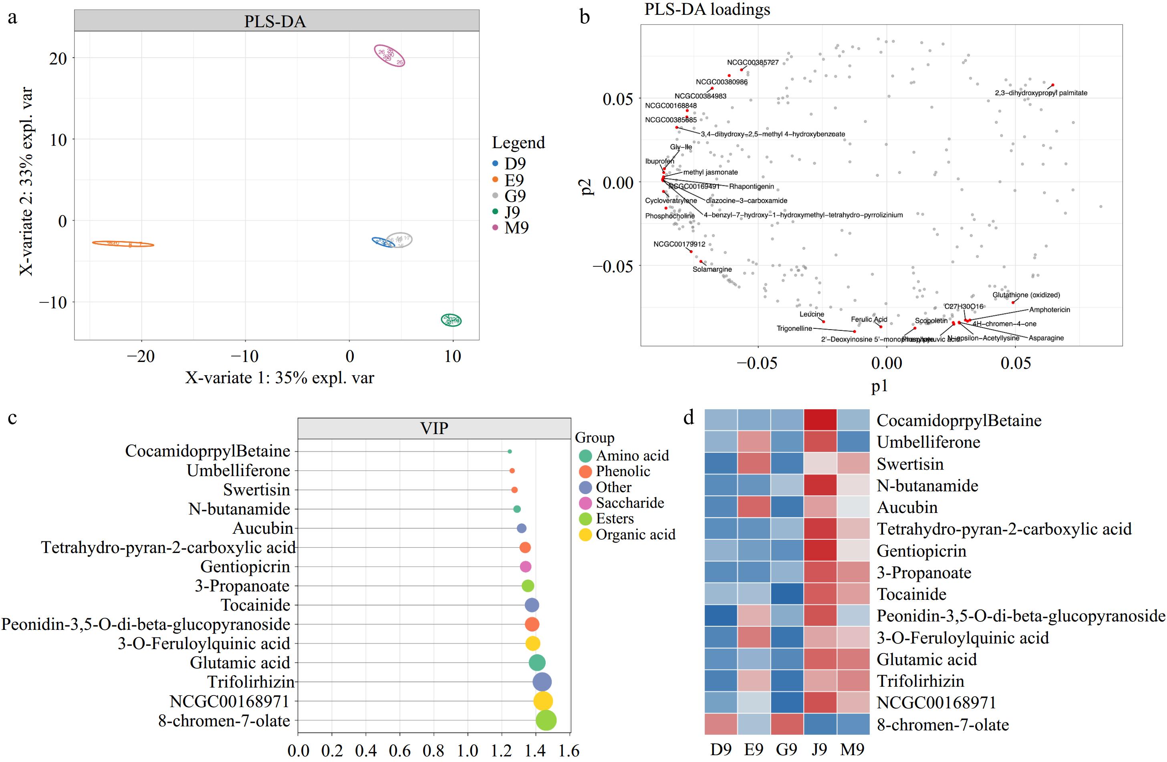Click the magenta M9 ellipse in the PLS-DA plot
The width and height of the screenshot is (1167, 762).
coord(389,55)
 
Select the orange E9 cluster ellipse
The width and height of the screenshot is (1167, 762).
coord(123,243)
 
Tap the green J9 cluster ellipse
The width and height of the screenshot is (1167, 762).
coord(451,320)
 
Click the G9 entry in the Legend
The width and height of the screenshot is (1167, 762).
coord(515,196)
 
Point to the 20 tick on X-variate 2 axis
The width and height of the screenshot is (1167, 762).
coord(58,58)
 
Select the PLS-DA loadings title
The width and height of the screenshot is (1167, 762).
coord(707,9)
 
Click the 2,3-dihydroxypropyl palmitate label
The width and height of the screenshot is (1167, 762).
coord(1040,93)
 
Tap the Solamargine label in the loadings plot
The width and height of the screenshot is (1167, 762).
coord(712,269)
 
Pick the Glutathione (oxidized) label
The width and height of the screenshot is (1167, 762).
coord(1026,295)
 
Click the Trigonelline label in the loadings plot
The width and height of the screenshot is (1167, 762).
coord(794,328)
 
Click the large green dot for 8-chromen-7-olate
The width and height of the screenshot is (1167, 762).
coord(546,720)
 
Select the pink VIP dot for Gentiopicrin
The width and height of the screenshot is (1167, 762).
coord(525,567)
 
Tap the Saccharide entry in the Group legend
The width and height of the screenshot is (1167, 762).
coord(630,503)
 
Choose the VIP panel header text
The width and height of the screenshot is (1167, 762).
coord(434,428)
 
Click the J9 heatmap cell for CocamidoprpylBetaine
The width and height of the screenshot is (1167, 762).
coord(820,420)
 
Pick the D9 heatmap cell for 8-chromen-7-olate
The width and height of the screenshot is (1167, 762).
coord(721,724)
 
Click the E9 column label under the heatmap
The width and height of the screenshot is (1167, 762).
coord(754,749)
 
